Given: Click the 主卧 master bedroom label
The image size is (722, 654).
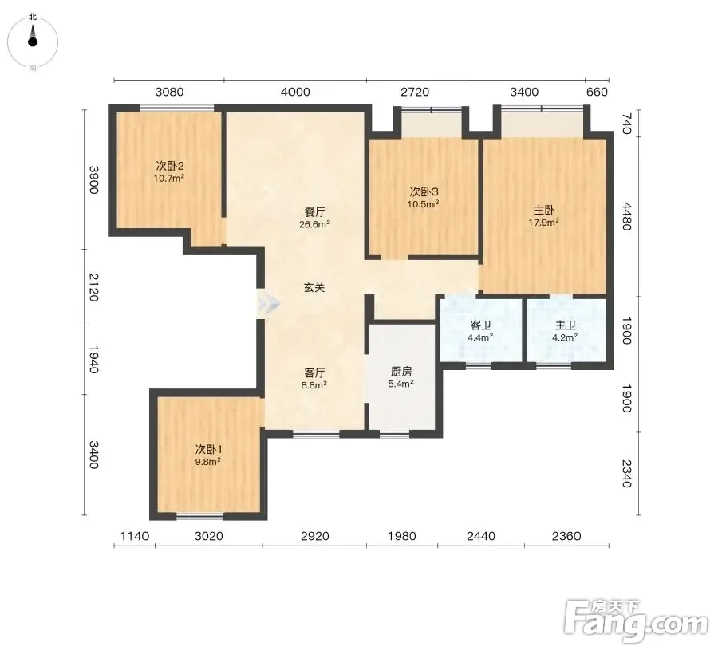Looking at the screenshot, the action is (544, 211).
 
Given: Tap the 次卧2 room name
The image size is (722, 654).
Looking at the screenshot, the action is (170, 166).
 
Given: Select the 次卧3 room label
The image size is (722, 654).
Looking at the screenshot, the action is (424, 191).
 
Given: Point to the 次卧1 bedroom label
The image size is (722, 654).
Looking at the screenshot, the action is (208, 449).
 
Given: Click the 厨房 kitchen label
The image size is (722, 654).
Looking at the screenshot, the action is (401, 372).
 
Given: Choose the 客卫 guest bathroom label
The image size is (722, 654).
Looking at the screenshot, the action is (481, 325).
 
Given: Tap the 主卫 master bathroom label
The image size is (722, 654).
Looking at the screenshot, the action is (566, 325).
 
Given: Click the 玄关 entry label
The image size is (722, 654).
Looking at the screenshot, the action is (314, 288).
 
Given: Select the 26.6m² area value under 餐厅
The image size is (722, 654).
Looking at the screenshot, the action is (314, 224).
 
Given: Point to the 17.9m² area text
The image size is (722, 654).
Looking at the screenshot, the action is (544, 223).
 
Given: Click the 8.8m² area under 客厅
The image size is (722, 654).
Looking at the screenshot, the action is (314, 384).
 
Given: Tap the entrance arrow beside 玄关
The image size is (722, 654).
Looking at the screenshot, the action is (268, 304).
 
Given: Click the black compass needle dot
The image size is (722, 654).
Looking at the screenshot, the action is (32, 42).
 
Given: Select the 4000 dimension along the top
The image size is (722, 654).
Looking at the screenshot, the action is (295, 92).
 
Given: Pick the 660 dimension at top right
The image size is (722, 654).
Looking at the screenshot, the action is (598, 92).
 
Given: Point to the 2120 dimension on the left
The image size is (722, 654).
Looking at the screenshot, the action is (93, 287).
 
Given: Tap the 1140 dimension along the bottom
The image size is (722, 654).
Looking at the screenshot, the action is (135, 536).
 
